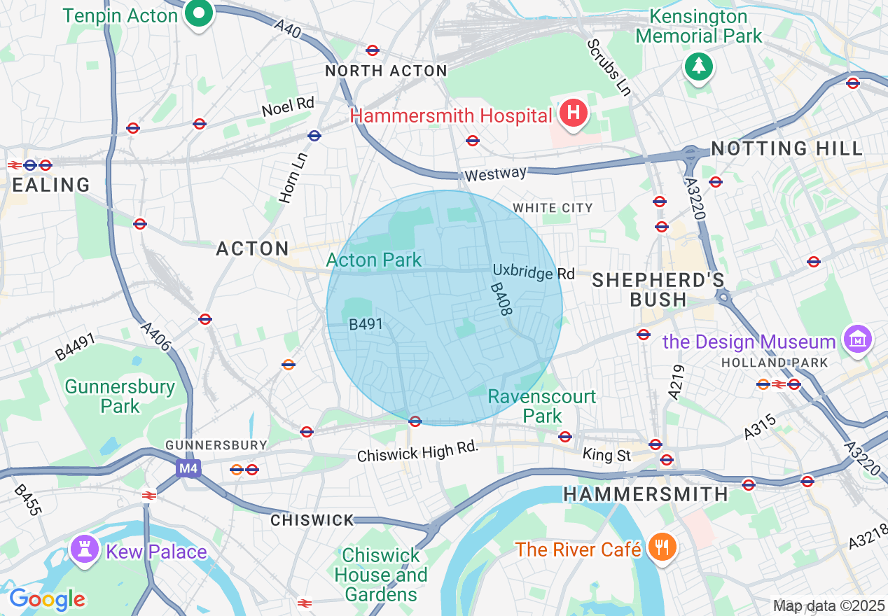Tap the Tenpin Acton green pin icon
click(x=199, y=15)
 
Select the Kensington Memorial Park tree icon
click(x=698, y=66)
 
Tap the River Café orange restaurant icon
click(x=660, y=547)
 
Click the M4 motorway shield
click(x=187, y=468)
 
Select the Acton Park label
click(x=374, y=260)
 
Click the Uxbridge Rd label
click(x=533, y=272)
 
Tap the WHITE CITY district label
click(x=553, y=208)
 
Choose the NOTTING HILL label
click(x=786, y=148)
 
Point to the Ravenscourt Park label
click(x=542, y=406)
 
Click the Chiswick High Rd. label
click(x=417, y=451)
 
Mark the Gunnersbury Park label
click(x=120, y=396)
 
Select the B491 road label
click(x=366, y=324)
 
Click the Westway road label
click(x=494, y=173)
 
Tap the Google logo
click(x=47, y=598)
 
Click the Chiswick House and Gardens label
click(x=381, y=575)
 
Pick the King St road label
click(x=606, y=456)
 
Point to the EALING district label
click(x=52, y=185)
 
